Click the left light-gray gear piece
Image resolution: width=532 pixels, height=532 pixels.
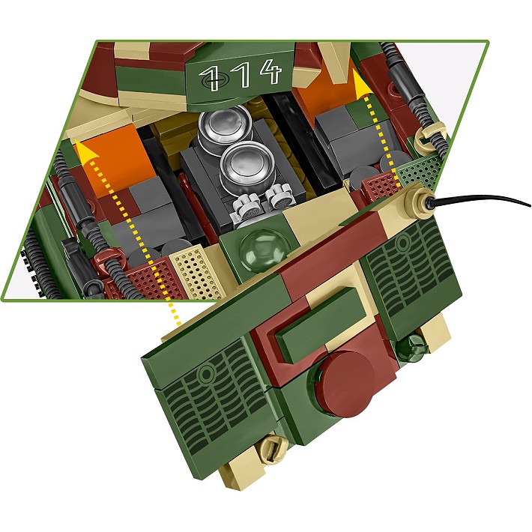(248, 204)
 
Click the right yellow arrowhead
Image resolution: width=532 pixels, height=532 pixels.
(364, 85)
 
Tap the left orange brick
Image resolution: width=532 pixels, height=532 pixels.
(109, 160)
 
